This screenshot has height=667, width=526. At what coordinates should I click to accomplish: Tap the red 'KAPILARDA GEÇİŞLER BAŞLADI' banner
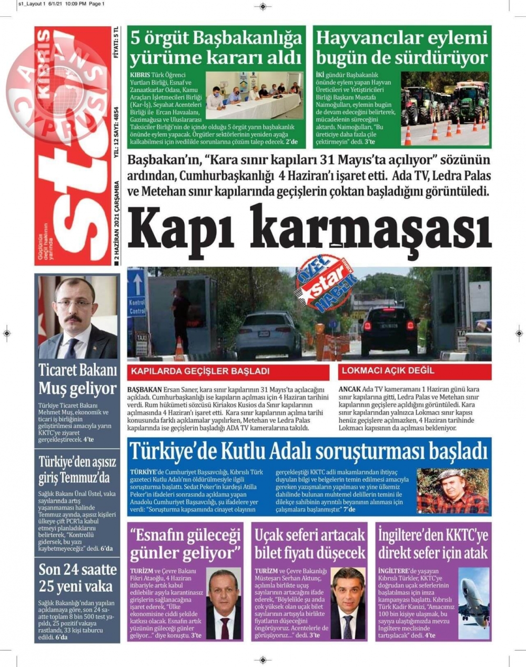click(200, 371)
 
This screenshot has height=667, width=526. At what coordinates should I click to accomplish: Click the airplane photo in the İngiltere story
click(473, 603)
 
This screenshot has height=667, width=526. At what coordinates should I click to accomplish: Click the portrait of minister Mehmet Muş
click(77, 317)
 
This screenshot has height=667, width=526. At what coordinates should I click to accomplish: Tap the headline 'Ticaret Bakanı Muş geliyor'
click(77, 379)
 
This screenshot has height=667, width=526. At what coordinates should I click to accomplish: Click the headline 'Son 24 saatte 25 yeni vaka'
click(77, 578)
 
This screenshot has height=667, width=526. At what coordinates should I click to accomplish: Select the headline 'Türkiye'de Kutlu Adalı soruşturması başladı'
click(309, 451)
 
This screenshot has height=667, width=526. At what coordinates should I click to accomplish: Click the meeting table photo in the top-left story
click(253, 95)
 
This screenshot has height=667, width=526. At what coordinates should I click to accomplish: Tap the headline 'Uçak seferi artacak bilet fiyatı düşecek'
click(310, 544)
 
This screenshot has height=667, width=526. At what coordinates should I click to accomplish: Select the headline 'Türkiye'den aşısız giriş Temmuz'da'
click(77, 470)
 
